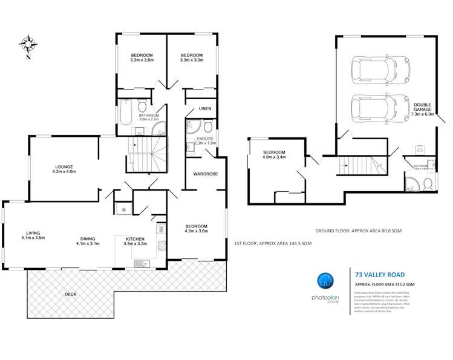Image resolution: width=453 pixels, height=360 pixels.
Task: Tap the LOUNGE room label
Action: pos(64,170)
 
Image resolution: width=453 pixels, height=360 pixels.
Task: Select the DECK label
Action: pos(71,294)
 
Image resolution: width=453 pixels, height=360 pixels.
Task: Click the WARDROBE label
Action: pos(205,174)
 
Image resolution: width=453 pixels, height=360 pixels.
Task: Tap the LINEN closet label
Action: pos(204,108)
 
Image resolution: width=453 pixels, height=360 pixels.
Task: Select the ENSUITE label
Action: pos(206,140)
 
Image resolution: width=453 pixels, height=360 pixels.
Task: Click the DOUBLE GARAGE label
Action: pos(423,109)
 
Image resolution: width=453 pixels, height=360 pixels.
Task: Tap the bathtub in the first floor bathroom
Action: pos(124,114)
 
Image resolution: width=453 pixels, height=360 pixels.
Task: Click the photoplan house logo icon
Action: pos(325,281)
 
